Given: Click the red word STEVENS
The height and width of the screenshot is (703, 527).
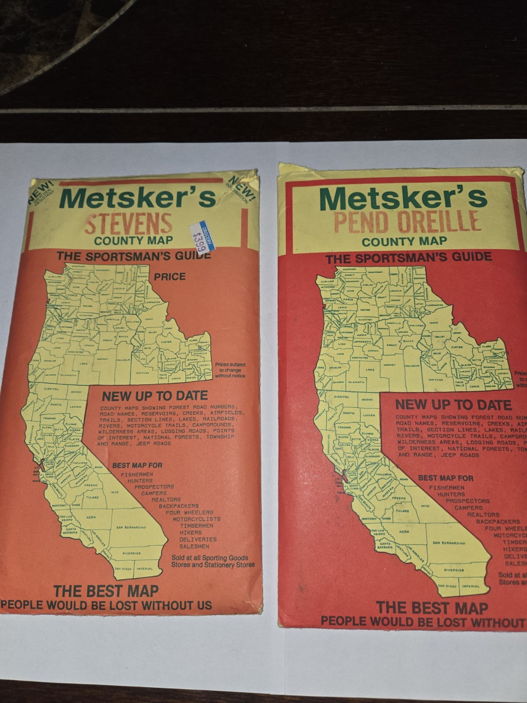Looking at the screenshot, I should tap(128, 224).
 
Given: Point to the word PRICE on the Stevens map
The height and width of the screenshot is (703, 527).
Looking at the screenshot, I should tap(170, 276).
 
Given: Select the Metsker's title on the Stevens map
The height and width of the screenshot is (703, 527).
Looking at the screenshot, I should tap(138, 198).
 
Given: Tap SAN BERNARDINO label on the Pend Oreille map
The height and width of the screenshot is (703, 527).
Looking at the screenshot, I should tap(448, 543).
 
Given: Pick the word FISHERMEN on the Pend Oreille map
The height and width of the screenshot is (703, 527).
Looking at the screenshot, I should tap(446, 488).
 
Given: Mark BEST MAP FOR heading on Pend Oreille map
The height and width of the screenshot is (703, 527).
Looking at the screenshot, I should tap(445, 478).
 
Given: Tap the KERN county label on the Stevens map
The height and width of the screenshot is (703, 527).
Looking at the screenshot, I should tap(91, 517).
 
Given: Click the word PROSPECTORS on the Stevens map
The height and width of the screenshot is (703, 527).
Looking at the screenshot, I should tap(154, 487).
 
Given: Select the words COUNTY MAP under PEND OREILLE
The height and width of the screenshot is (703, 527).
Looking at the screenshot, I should tap(404, 241).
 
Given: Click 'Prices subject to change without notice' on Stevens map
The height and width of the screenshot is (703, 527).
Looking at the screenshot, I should tap(230, 370).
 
